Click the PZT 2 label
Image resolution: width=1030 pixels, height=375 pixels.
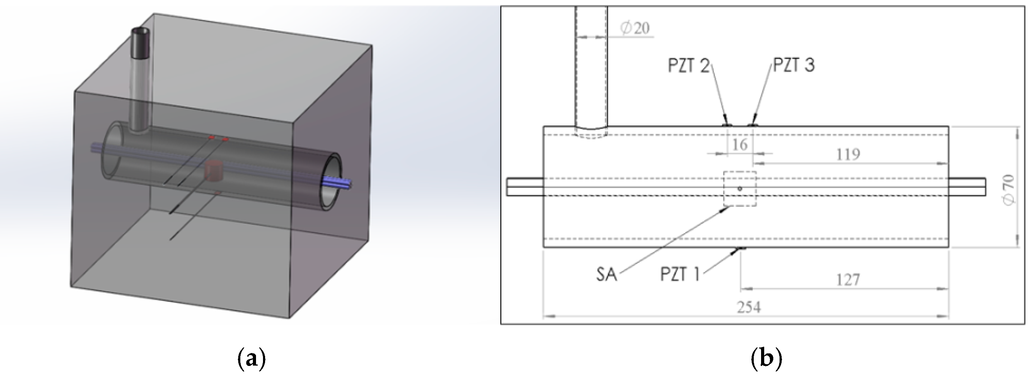point(688,65)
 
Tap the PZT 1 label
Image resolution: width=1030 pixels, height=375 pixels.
point(680,274)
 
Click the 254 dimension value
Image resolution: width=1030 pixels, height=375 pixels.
point(748,307)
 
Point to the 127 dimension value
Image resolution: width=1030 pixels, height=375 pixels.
point(848,280)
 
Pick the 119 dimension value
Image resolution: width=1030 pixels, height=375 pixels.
point(848,154)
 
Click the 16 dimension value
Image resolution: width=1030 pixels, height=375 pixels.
point(739,145)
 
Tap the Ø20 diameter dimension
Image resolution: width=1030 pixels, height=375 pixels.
point(634,28)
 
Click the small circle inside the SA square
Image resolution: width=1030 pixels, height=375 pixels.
point(740,189)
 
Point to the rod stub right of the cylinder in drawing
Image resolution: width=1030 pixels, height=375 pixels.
point(967,187)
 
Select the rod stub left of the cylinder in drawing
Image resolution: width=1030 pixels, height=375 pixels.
point(525,187)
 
